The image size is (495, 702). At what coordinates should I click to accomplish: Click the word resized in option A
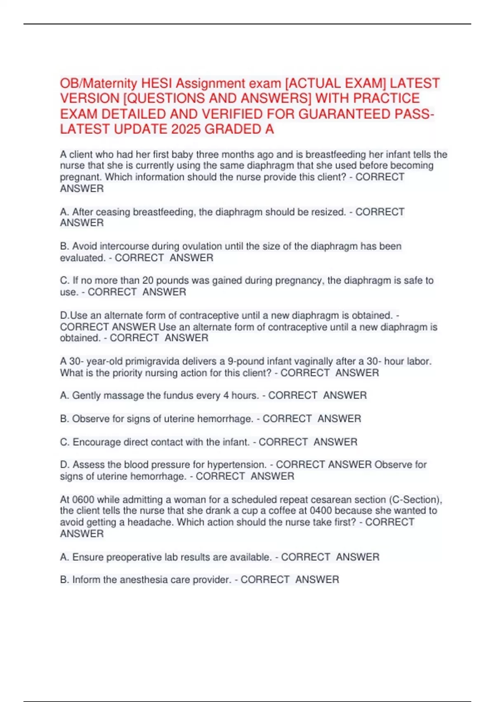328,212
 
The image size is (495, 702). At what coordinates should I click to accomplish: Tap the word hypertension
236,465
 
